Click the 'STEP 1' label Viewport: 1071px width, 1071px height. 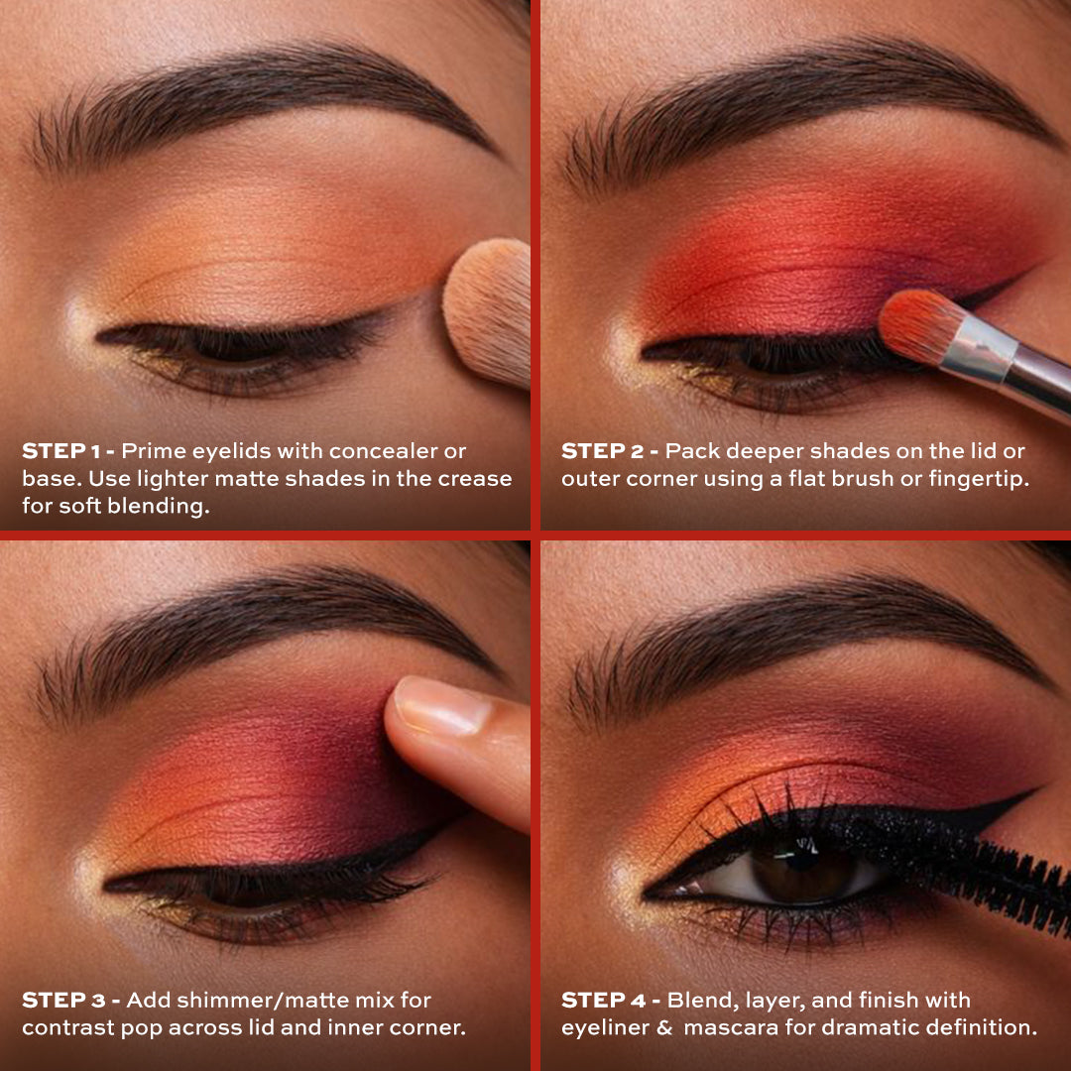[x=62, y=451]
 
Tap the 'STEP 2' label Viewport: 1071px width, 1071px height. [x=603, y=451]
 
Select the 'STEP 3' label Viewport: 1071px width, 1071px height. [x=63, y=1001]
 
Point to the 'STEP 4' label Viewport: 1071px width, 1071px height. [x=603, y=1001]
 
